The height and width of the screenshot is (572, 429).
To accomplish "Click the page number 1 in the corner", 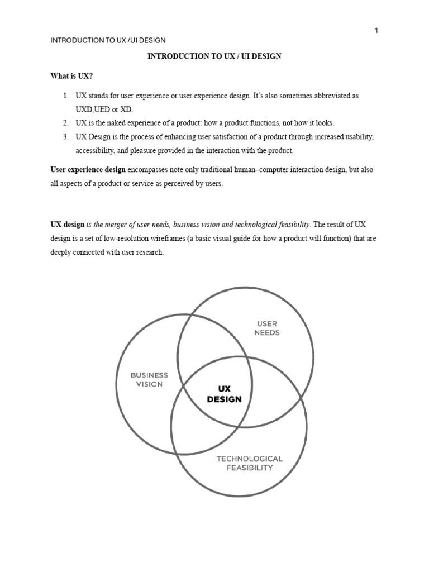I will click(x=376, y=31).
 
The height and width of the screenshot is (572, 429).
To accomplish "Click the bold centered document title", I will click(x=214, y=56).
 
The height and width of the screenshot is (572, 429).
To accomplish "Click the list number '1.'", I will click(x=65, y=96).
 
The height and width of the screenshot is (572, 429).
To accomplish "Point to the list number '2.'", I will click(x=65, y=123).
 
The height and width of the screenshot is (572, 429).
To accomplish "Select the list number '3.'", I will click(x=65, y=137).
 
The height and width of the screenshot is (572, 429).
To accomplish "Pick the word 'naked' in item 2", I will click(x=124, y=123).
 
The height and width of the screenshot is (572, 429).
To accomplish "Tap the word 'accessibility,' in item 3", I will click(x=97, y=151).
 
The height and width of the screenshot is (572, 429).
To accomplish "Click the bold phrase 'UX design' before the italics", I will click(x=67, y=224).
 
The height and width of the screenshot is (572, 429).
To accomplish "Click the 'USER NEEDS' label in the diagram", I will click(x=266, y=328).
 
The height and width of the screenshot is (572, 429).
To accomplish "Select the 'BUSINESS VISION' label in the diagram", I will click(x=149, y=380).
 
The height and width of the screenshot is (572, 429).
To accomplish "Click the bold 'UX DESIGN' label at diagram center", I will click(x=224, y=394).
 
